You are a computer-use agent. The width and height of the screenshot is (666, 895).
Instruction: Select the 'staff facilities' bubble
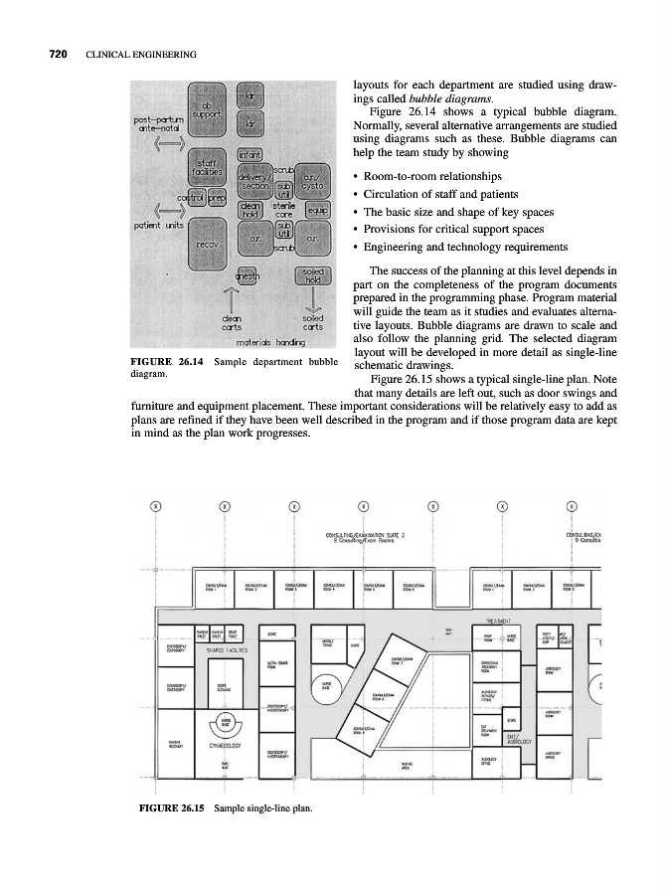tap(207, 169)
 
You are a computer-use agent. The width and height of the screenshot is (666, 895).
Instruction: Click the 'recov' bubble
tap(208, 244)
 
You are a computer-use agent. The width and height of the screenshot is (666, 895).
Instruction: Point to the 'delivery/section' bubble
tap(255, 180)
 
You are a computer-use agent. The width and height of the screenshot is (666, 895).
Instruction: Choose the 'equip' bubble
tap(318, 211)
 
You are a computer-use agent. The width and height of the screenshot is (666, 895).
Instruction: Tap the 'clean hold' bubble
tap(251, 211)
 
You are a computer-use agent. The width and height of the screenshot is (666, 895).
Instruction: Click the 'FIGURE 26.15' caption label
tap(167, 806)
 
